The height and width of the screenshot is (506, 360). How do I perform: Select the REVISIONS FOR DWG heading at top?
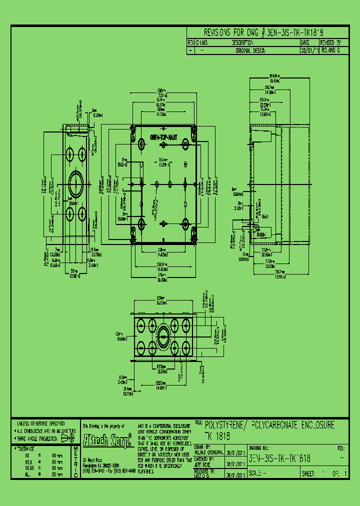(230, 33)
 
